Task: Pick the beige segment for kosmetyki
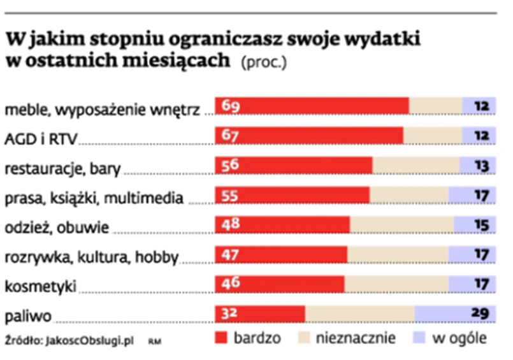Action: point(396,284)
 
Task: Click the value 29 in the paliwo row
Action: point(480,313)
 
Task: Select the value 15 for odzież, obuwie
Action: point(481,225)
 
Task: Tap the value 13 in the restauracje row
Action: point(481,166)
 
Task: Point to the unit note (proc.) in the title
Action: point(264,63)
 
